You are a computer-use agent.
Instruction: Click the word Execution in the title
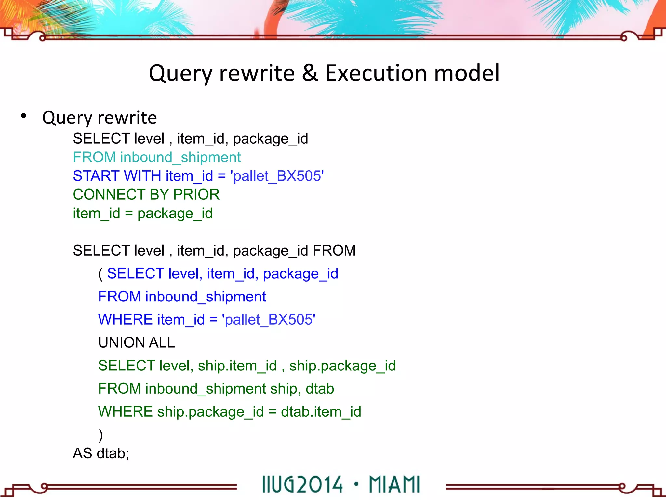pos(376,73)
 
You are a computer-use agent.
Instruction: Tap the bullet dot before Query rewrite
pos(23,116)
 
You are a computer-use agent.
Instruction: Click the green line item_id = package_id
pos(143,214)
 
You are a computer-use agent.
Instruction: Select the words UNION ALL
pos(137,343)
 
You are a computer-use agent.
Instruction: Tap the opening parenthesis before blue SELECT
pos(101,274)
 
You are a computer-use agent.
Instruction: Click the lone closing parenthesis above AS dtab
pos(101,435)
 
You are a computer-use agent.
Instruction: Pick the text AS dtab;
pos(101,453)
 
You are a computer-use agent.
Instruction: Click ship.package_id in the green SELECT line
pos(342,366)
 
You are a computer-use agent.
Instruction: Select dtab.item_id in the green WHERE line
pos(321,412)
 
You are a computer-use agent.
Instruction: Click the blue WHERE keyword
pos(126,320)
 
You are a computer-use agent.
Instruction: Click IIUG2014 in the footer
pos(302,484)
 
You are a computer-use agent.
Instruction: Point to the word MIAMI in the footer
pos(394,484)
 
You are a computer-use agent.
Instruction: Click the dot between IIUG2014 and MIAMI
pos(356,484)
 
